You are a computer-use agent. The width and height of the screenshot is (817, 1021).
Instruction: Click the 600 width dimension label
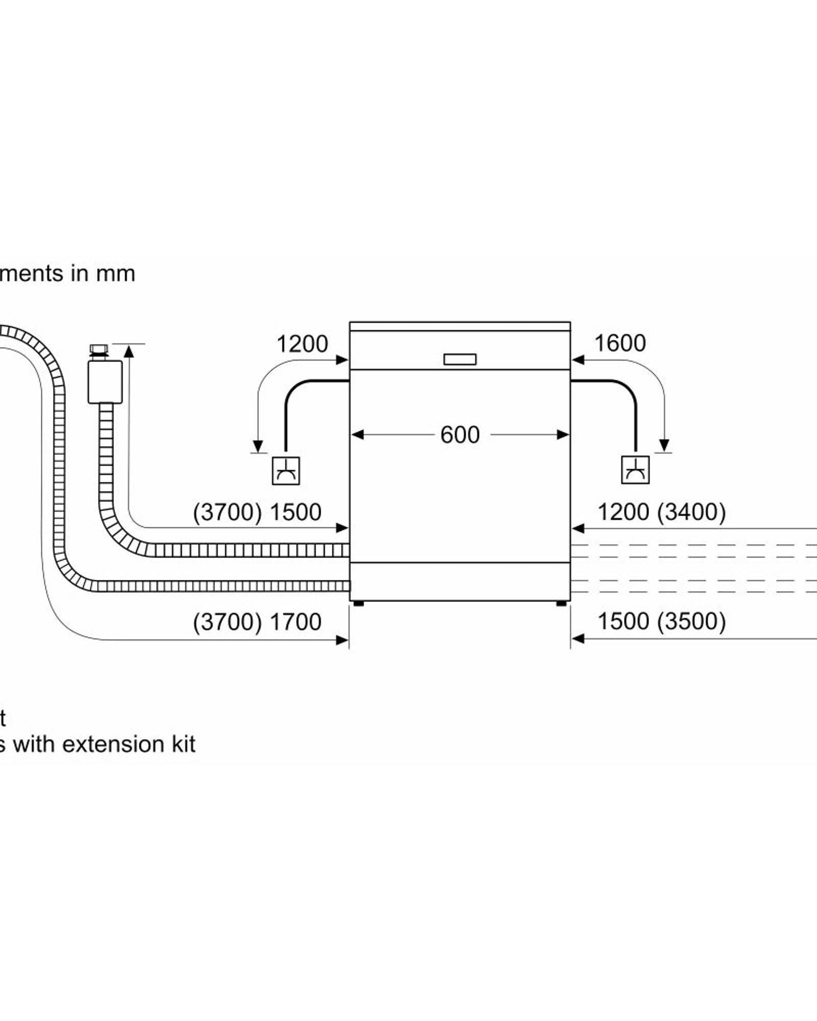click(x=460, y=435)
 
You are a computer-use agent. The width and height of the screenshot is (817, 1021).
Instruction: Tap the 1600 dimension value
click(x=620, y=343)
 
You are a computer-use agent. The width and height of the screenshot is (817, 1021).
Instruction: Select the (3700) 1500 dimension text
click(x=257, y=512)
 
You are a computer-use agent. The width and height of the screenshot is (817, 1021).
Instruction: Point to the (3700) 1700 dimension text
click(x=257, y=622)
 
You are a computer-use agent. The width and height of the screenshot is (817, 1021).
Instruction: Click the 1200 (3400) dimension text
click(x=661, y=512)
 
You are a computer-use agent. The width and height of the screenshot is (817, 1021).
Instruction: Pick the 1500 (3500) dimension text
click(x=661, y=621)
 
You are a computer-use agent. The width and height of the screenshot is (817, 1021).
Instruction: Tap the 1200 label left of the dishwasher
click(x=302, y=344)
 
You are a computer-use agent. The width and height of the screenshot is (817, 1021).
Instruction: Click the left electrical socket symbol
click(x=285, y=471)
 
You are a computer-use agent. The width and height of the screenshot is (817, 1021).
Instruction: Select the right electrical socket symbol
click(x=635, y=470)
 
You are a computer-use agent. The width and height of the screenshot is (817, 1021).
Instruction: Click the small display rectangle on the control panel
click(x=460, y=359)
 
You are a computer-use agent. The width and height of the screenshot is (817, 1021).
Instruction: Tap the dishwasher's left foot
click(x=358, y=603)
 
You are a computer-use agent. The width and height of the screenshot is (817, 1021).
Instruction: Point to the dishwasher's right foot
click(x=561, y=603)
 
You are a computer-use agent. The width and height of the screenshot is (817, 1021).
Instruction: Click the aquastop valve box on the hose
click(x=105, y=382)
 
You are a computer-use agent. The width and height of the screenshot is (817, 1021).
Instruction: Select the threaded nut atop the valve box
click(x=99, y=350)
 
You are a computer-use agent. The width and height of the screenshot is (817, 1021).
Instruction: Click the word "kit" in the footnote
click(x=183, y=744)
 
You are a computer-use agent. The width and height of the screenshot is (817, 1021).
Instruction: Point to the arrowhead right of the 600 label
click(x=563, y=435)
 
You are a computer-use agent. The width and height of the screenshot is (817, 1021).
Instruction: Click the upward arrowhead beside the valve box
click(x=129, y=351)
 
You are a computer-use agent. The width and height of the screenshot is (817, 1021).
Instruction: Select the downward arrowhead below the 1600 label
click(x=664, y=445)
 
